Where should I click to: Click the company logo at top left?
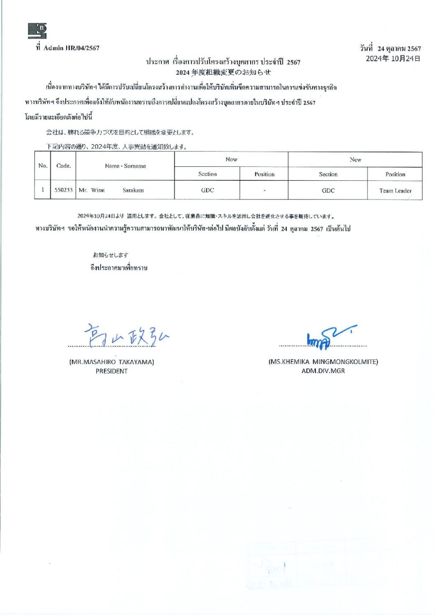point(37,31)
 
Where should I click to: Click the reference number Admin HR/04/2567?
point(71,48)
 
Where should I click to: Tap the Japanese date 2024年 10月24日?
point(393,58)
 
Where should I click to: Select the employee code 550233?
point(63,190)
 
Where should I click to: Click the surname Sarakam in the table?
point(133,190)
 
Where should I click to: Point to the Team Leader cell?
point(395,191)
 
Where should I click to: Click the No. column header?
point(43,166)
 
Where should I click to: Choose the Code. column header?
point(63,166)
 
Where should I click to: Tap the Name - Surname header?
point(125,166)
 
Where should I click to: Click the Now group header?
point(231,160)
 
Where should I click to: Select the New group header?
point(355,160)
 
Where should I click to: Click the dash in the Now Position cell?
point(264,190)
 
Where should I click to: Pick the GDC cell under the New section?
point(328,191)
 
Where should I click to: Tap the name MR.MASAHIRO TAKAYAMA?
point(111,362)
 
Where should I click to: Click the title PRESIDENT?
point(111,371)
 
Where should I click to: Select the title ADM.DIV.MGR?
point(323,371)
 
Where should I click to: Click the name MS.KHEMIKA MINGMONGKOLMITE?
point(323,362)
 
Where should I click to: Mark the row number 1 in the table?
point(43,190)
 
